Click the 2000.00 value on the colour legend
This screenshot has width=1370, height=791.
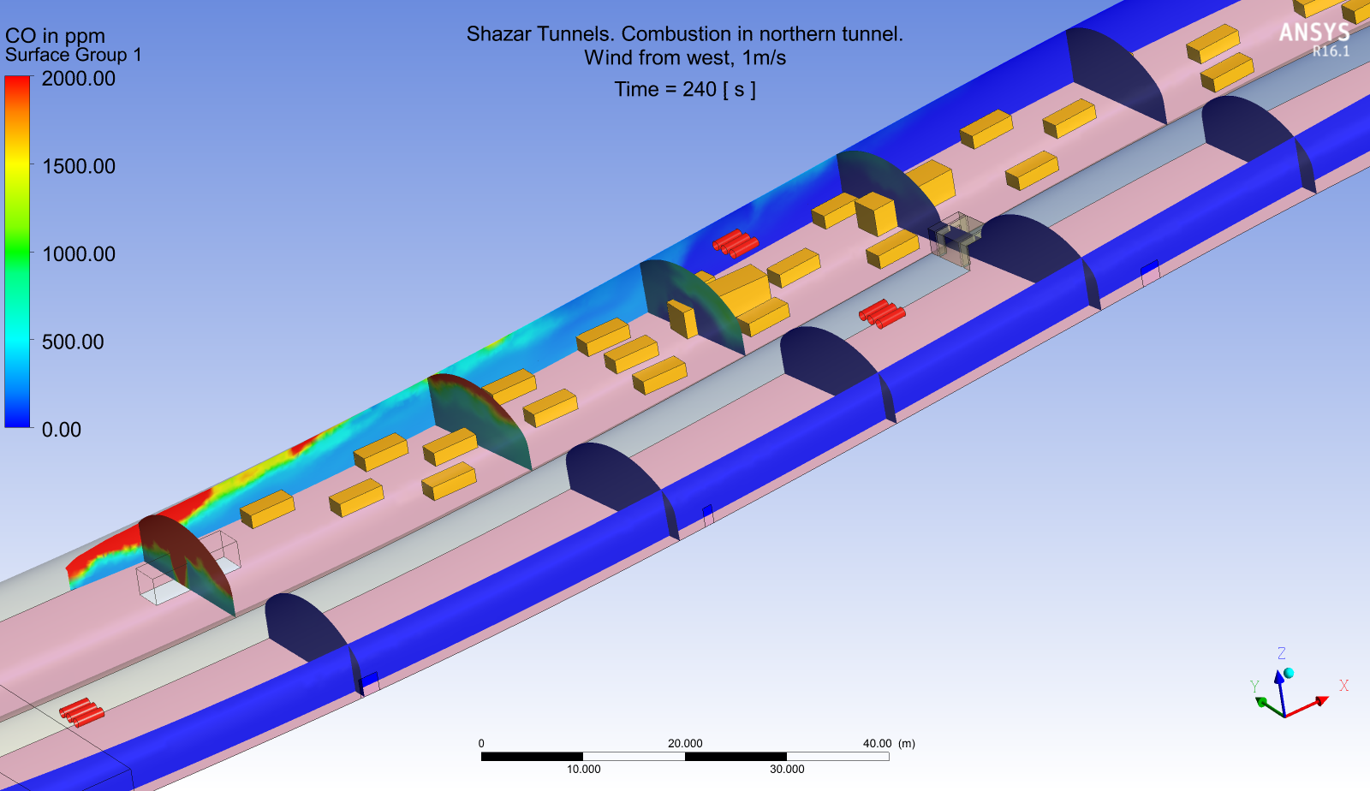tap(78, 79)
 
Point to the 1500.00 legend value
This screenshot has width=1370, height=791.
tap(78, 166)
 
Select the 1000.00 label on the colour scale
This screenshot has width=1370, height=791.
tap(78, 253)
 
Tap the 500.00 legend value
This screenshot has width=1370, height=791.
tap(73, 342)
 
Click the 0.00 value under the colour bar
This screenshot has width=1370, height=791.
tap(61, 430)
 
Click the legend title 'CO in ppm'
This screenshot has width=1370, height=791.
tap(55, 36)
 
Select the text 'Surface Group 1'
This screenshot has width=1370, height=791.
tap(74, 55)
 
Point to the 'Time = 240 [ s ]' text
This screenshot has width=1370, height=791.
tap(685, 90)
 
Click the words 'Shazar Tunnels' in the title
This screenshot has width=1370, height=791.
tap(540, 33)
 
